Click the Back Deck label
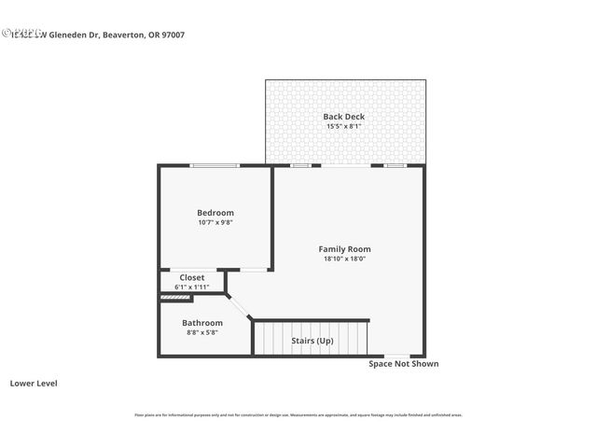pos(344,117)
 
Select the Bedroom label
pos(215,213)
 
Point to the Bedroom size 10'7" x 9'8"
pos(215,222)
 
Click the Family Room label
pos(344,249)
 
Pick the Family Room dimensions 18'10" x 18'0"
pos(344,259)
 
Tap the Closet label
pos(192,277)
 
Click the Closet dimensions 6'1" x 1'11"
pos(192,287)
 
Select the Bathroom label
pos(202,323)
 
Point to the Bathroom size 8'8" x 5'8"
pos(202,332)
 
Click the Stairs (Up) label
pos(312,341)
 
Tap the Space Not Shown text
pos(403,364)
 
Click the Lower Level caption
pos(34,383)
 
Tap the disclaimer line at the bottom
pos(298,415)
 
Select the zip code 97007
pos(198,35)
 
